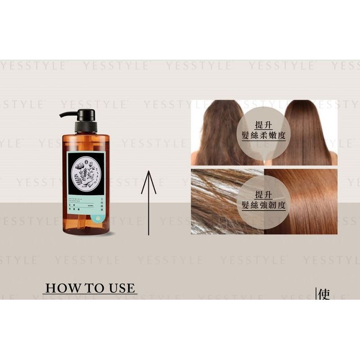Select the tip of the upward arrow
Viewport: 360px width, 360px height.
coord(148,172)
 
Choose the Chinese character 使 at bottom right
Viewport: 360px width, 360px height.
coord(324,295)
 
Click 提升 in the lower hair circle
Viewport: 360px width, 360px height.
coord(264,194)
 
